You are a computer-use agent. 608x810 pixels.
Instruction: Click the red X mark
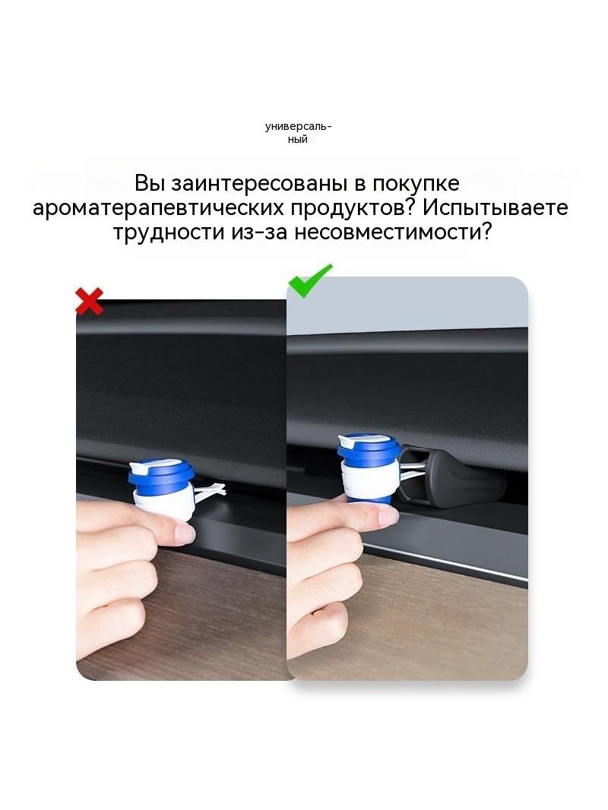(89, 302)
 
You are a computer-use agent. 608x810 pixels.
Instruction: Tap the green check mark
(309, 281)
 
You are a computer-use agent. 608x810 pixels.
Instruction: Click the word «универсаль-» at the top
(299, 127)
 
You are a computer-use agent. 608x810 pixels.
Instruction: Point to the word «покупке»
(416, 185)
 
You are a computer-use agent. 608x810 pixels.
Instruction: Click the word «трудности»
(169, 233)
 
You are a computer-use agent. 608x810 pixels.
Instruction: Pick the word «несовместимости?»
(392, 233)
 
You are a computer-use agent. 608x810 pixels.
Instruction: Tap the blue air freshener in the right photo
(369, 467)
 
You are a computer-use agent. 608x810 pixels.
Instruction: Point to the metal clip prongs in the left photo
(210, 492)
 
